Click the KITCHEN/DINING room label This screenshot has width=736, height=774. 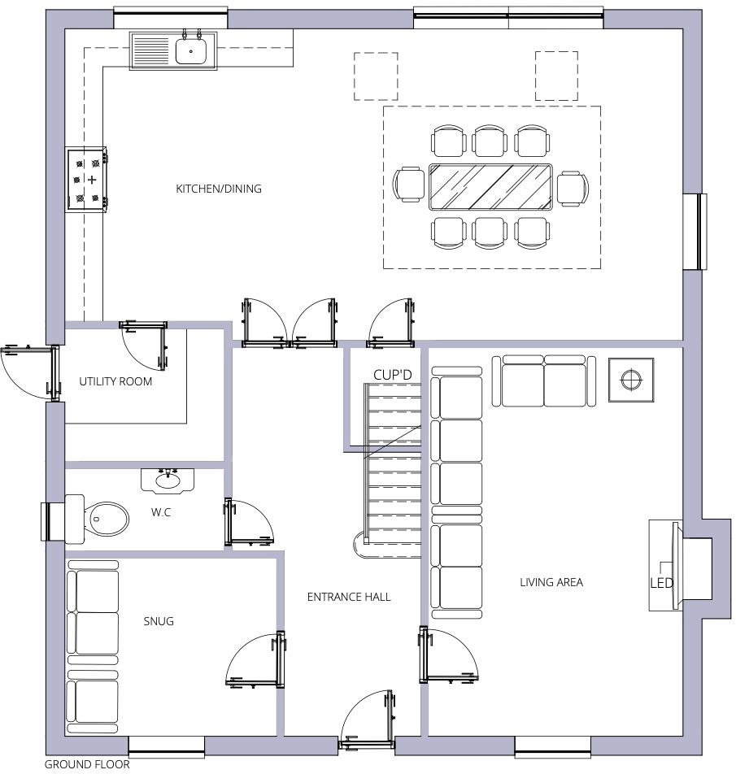point(219,189)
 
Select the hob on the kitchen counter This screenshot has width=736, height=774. point(88,179)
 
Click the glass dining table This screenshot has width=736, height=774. point(490,188)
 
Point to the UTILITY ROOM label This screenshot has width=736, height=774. point(115,381)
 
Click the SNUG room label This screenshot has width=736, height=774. point(159,622)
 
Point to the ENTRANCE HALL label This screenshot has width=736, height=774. point(349,597)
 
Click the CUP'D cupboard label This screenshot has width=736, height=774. point(394,375)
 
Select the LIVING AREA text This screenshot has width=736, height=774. point(551,582)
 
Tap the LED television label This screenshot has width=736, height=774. point(661,583)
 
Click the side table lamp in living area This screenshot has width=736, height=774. point(631,380)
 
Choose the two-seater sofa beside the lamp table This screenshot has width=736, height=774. point(543,380)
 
